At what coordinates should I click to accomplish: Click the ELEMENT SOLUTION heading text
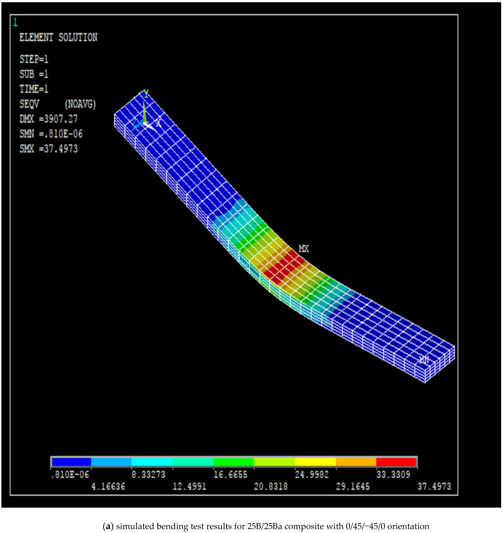click(58, 37)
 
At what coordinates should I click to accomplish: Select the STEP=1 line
click(34, 59)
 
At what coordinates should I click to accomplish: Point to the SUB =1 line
click(34, 74)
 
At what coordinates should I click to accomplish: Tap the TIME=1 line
click(34, 89)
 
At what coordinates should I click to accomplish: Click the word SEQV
click(29, 104)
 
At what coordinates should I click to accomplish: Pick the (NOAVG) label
click(80, 104)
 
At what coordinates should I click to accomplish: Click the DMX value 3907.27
click(61, 119)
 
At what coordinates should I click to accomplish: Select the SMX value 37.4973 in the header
click(61, 149)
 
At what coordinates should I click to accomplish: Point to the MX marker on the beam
click(304, 249)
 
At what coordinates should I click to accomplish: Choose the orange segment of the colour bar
click(356, 462)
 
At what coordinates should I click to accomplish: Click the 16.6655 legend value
click(230, 475)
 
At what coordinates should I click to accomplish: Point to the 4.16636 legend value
click(108, 486)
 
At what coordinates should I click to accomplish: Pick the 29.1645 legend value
click(353, 486)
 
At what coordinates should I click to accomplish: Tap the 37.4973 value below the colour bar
click(434, 486)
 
